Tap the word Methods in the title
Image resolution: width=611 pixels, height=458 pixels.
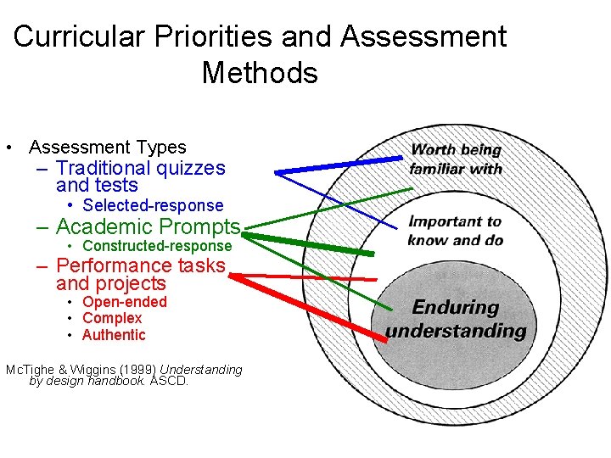coord(260,73)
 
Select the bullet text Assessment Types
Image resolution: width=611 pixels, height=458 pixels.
coord(107,148)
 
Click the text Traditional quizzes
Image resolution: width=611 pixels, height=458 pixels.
coord(140,169)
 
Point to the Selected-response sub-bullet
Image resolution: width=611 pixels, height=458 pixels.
coord(153,205)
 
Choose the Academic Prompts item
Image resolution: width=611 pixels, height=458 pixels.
coord(148,227)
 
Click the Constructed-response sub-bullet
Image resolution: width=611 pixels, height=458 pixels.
coord(156,246)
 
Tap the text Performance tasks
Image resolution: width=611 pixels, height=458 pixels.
coord(140,265)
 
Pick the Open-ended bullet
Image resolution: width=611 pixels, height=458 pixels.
coord(124,302)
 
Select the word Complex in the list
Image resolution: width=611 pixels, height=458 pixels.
coord(112,318)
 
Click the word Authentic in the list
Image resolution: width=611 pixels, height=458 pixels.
coord(114,335)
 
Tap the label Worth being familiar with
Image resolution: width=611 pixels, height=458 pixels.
coord(456,159)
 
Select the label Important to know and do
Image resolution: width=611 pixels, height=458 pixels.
coord(456,231)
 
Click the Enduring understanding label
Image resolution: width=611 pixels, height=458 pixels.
coord(456,319)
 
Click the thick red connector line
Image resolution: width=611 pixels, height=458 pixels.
coord(305,305)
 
